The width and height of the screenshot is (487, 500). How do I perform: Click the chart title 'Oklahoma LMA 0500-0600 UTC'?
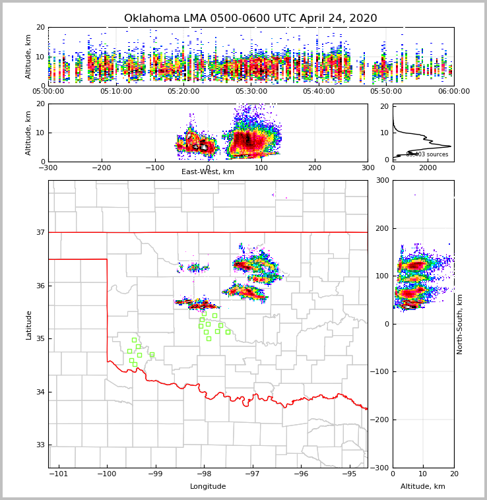pyautogui.click(x=250, y=18)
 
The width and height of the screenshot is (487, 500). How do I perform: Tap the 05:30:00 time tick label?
pyautogui.click(x=251, y=92)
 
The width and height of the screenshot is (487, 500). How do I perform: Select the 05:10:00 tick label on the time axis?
pyautogui.click(x=116, y=92)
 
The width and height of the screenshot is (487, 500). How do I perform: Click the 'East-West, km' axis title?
pyautogui.click(x=208, y=172)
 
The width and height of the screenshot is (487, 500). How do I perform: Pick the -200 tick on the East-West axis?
pyautogui.click(x=101, y=168)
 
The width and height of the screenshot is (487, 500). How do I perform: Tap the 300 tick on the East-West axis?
pyautogui.click(x=368, y=168)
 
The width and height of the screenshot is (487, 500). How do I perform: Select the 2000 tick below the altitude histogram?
pyautogui.click(x=428, y=168)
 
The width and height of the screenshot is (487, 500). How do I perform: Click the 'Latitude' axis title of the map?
pyautogui.click(x=29, y=325)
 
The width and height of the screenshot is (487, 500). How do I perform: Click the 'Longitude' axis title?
pyautogui.click(x=208, y=487)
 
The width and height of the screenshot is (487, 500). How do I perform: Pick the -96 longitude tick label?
pyautogui.click(x=300, y=474)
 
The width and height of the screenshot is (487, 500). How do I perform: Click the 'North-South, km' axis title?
pyautogui.click(x=460, y=324)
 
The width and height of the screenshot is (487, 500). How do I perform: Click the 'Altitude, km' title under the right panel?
pyautogui.click(x=423, y=487)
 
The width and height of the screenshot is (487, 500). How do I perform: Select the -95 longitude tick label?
pyautogui.click(x=349, y=474)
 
